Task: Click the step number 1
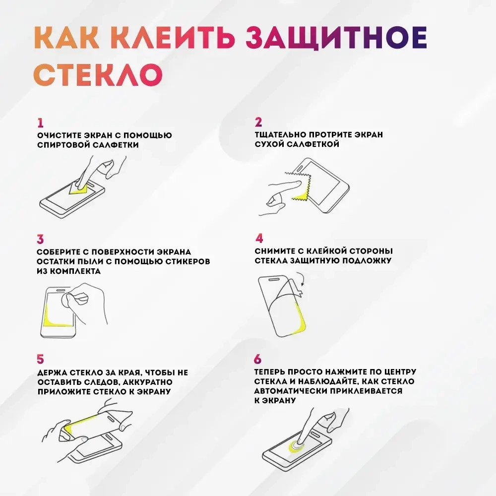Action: (40, 123)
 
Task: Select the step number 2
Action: (258, 123)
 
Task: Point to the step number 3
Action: (40, 239)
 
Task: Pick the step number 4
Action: (259, 238)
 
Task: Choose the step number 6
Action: (258, 359)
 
